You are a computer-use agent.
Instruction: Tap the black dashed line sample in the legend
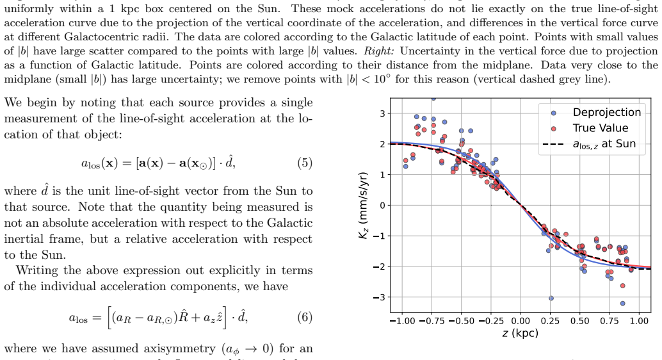pos(554,145)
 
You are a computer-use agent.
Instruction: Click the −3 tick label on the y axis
pos(379,297)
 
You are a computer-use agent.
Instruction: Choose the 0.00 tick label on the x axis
pos(521,321)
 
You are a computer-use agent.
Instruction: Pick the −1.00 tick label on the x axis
pos(402,321)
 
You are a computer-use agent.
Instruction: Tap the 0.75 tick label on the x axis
pos(610,321)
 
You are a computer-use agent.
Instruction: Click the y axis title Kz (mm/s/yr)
pos(364,206)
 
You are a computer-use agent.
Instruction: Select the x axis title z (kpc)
pos(520,333)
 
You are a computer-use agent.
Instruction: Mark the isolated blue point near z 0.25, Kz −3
pos(551,299)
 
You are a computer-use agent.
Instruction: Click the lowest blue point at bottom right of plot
pos(622,304)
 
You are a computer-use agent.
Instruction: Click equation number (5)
pos(305,163)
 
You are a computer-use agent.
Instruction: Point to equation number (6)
pos(305,317)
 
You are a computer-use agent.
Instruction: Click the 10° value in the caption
pos(380,79)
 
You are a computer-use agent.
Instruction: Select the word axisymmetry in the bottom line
pos(179,349)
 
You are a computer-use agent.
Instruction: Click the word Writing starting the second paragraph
pos(36,271)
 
